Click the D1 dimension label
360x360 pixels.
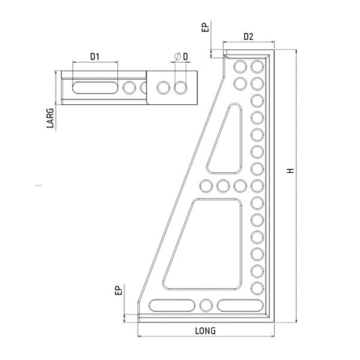95,57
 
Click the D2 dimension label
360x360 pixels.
248,37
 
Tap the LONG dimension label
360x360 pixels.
205,331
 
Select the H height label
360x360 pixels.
291,171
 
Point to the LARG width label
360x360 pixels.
50,118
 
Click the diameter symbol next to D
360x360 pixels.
178,57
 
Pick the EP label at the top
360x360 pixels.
206,27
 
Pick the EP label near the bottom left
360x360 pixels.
119,290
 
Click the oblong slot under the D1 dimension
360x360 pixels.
94,88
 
